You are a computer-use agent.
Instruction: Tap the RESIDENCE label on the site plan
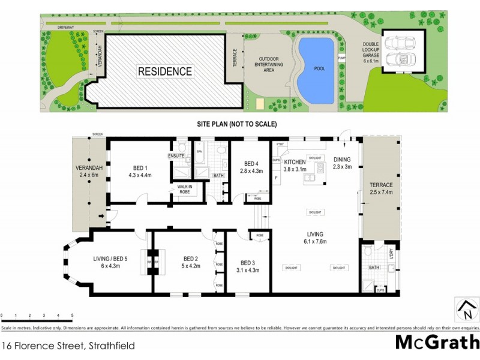point(165,71)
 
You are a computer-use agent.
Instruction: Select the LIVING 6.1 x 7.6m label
point(314,238)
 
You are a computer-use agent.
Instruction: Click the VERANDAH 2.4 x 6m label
point(86,171)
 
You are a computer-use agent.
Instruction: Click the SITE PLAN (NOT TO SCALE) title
point(236,124)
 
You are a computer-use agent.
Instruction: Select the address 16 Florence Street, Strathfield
point(68,345)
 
